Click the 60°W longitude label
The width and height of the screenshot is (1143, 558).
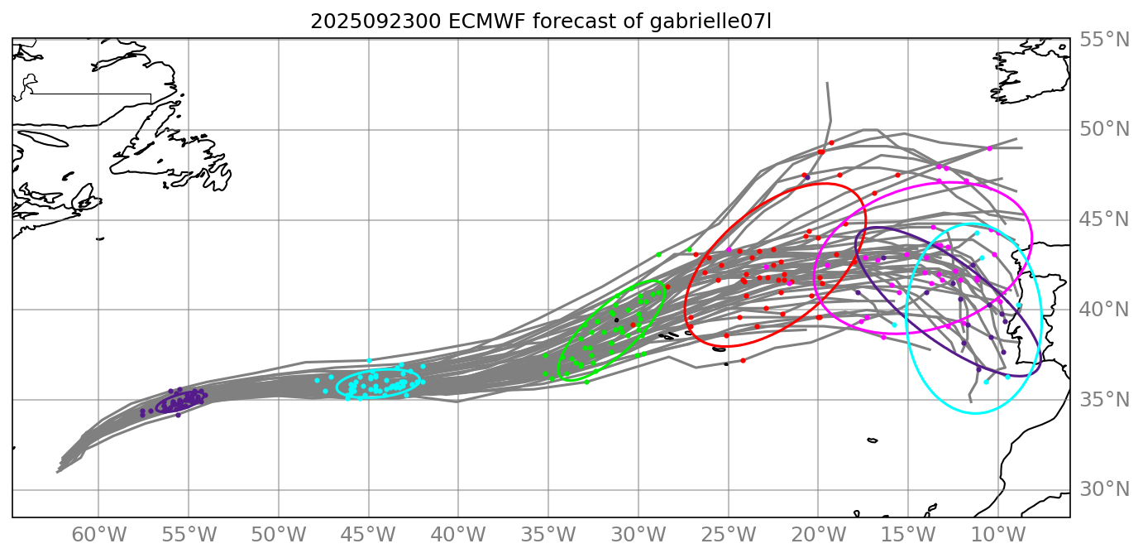[x=98, y=534]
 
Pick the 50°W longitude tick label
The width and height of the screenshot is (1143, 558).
[x=278, y=534]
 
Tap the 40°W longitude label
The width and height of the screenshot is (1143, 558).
[x=458, y=534]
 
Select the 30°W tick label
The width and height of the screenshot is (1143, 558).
[x=638, y=534]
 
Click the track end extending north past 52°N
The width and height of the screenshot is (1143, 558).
[x=827, y=84]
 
